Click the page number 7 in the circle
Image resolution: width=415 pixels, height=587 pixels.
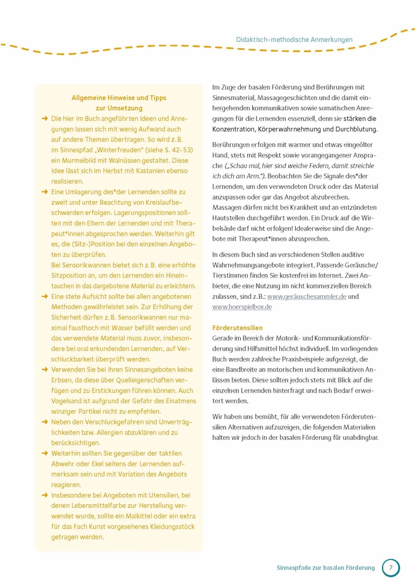point(391,568)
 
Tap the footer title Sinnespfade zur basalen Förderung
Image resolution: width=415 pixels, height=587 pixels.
point(325,568)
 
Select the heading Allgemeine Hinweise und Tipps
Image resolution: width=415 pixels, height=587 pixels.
point(119,98)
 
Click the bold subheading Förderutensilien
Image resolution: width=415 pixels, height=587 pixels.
point(237,328)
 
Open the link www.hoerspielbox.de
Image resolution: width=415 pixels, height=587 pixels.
point(242,307)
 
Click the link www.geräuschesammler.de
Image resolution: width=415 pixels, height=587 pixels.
point(306,296)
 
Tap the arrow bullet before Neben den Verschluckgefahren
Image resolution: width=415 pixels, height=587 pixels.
point(45,422)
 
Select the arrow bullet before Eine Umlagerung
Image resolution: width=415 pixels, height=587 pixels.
point(45,192)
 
